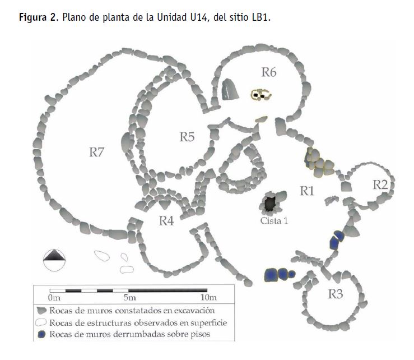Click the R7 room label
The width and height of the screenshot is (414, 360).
click(x=96, y=153)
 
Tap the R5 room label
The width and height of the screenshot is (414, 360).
click(x=187, y=137)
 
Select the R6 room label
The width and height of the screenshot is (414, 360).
click(x=269, y=72)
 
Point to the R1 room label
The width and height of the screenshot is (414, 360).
click(x=307, y=191)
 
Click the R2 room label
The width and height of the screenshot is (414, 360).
click(x=380, y=184)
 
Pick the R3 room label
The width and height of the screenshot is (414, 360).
click(x=336, y=294)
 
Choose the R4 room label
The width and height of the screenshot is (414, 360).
click(x=166, y=221)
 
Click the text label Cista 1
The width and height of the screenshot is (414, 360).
click(x=274, y=221)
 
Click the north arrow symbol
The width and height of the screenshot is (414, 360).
click(x=54, y=260)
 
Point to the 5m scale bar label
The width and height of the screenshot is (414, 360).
click(x=129, y=298)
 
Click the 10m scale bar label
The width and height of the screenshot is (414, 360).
click(x=208, y=298)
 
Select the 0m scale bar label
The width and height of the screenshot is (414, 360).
click(x=54, y=298)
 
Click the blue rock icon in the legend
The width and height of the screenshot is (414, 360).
click(x=41, y=334)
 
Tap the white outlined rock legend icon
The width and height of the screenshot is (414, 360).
click(x=41, y=323)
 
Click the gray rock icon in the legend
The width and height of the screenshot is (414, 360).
click(x=41, y=311)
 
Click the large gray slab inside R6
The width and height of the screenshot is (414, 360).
click(x=230, y=89)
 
